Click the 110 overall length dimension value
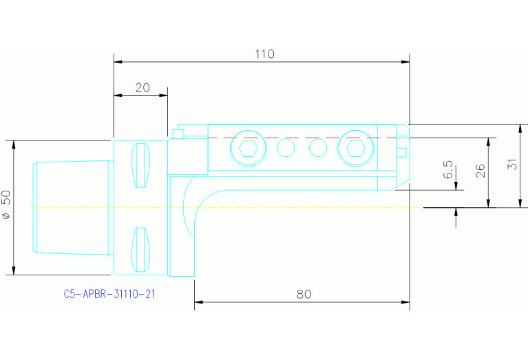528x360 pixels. pos(264,54)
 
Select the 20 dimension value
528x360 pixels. pos(142,87)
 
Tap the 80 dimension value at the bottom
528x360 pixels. pos(304,294)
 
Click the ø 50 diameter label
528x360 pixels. pos(6,206)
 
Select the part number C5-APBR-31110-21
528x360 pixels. pos(109,294)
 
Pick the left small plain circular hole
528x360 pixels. pos(286,148)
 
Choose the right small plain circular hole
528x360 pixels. pos(317,148)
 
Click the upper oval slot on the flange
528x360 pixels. pos(140,166)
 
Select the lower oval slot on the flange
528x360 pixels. pos(140,249)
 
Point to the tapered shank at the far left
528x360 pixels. pos(72,207)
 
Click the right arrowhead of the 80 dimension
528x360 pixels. pos(405,301)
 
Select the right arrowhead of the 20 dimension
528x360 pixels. pos(163,95)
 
